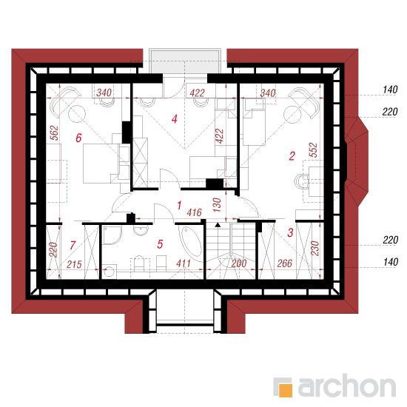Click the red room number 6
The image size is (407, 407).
(78, 138)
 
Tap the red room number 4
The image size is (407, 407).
(175, 119)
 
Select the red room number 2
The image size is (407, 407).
(292, 156)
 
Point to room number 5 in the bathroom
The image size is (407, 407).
(160, 244)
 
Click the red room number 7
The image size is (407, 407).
(73, 245)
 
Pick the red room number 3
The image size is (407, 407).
(291, 232)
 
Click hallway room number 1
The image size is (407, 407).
(179, 205)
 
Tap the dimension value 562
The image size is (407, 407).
(55, 133)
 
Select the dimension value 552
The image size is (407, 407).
(313, 150)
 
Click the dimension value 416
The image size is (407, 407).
(194, 212)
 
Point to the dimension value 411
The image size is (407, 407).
(184, 263)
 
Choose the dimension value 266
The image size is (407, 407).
(285, 263)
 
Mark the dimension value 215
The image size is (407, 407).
(74, 264)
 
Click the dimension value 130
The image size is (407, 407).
(217, 205)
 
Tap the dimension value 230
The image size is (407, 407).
(314, 249)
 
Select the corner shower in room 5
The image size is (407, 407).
(112, 235)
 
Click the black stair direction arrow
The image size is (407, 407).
(218, 225)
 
